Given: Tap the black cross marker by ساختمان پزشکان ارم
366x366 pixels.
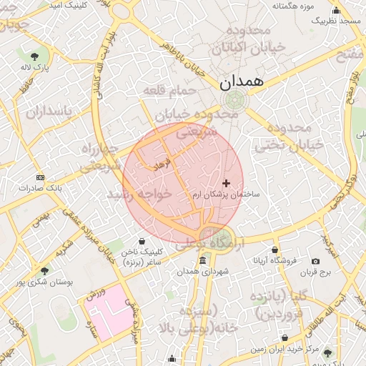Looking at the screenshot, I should (x=227, y=184).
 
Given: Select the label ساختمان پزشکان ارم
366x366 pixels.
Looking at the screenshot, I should (x=227, y=194).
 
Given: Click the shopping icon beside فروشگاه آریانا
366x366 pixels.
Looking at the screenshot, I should (x=276, y=250).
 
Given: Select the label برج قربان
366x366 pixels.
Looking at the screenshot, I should (x=312, y=272).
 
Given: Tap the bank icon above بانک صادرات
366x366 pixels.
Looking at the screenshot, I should (x=40, y=177).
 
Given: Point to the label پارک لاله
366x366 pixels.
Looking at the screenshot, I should (x=34, y=67).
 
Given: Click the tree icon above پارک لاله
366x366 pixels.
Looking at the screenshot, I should (x=34, y=56).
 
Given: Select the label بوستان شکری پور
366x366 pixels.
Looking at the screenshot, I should (x=46, y=282).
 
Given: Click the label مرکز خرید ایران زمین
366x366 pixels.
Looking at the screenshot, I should (x=283, y=349).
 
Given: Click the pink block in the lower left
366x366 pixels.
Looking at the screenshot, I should (x=107, y=314).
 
